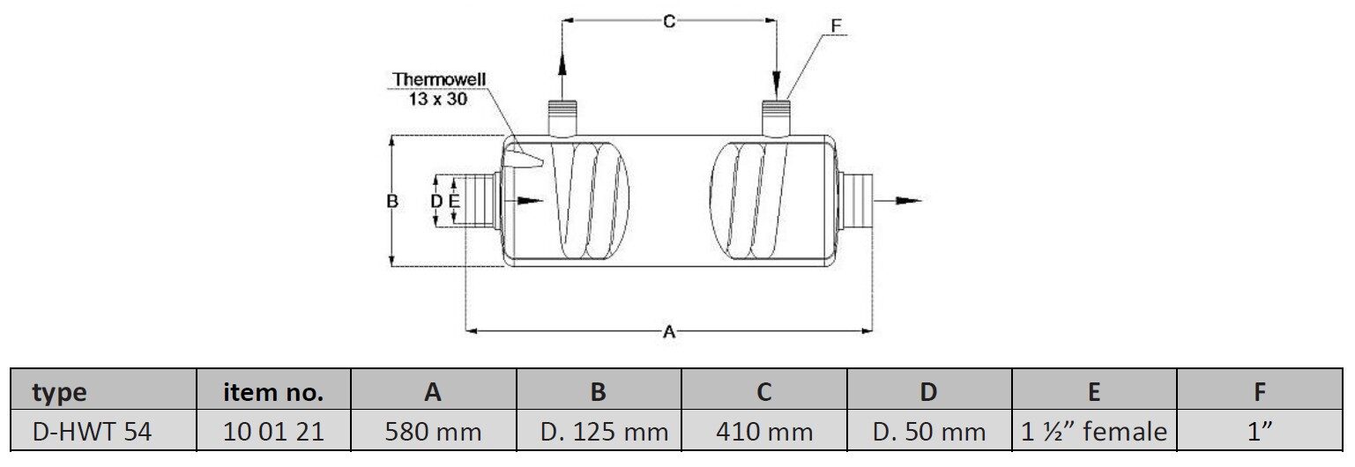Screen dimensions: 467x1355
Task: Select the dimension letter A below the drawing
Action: click(x=668, y=332)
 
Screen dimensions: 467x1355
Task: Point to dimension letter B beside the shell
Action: click(x=393, y=201)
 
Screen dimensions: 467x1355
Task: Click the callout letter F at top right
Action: click(x=836, y=26)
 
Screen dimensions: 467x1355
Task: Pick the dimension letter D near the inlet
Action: click(x=436, y=202)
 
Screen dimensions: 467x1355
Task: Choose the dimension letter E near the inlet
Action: click(x=453, y=202)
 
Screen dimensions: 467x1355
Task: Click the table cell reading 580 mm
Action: click(x=433, y=432)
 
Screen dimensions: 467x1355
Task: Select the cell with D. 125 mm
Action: click(x=599, y=432)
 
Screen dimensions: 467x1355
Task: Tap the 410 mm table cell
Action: click(x=764, y=432)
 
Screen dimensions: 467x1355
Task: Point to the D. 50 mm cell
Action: click(x=929, y=432)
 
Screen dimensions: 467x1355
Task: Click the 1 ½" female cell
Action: click(x=1094, y=432)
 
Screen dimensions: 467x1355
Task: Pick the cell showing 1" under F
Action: click(x=1260, y=432)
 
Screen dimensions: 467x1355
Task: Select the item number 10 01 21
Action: click(x=273, y=432)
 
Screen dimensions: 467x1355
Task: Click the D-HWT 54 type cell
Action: click(x=92, y=432)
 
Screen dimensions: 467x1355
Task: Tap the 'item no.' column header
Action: click(x=273, y=392)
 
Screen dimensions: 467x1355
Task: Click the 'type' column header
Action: click(x=59, y=392)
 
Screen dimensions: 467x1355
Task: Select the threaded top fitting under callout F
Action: click(x=776, y=115)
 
